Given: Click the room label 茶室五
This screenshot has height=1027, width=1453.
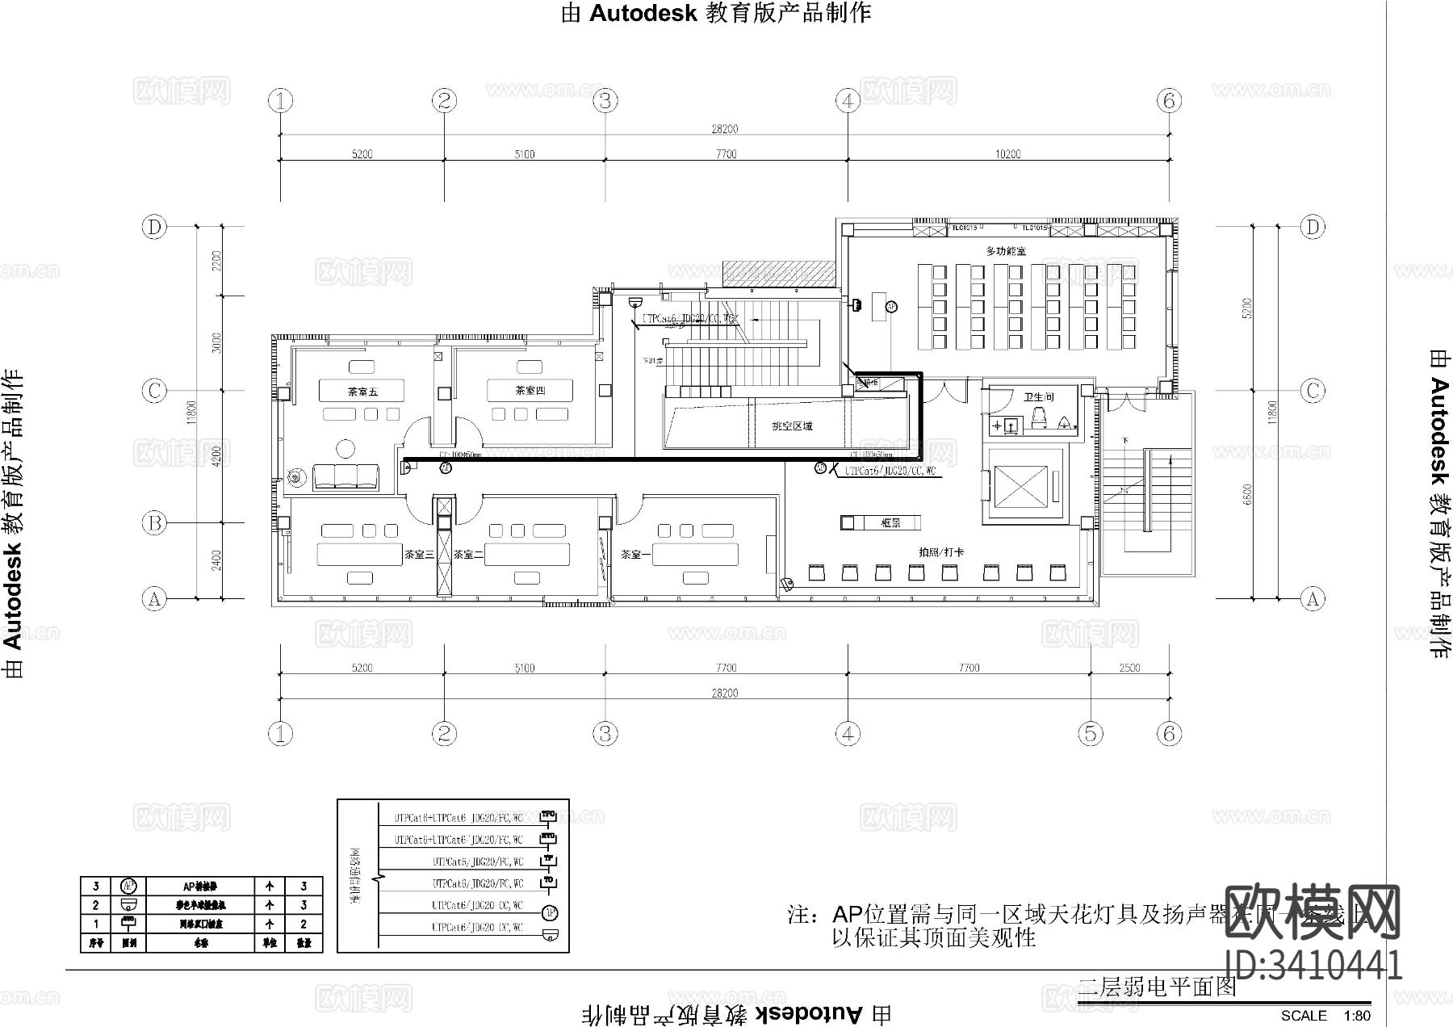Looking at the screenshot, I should (362, 392).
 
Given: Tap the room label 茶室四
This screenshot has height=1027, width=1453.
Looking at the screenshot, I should (530, 391).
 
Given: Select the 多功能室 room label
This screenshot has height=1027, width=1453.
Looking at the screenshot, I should (1005, 251).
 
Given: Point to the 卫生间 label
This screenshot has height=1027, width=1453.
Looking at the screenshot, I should (1039, 397).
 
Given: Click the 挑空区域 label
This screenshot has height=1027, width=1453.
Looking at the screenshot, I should (792, 425).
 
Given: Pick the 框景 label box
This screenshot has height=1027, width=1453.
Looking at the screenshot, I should (890, 523).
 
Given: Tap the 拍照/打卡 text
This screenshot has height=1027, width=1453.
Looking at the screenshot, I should (941, 552).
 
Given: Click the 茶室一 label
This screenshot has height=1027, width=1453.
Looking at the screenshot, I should (636, 555).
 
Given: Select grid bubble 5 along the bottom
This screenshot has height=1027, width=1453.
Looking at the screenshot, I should (1090, 733).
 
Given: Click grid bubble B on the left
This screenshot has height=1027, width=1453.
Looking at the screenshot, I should (154, 523).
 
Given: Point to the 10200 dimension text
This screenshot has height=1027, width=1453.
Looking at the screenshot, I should (1007, 154).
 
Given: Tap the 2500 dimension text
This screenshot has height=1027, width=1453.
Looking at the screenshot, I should (1129, 668).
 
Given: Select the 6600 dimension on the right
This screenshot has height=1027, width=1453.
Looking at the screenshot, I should (1248, 494).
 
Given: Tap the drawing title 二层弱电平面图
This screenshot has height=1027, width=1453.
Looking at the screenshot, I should (1157, 986).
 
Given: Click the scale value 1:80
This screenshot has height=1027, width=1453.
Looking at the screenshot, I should (1356, 1016).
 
